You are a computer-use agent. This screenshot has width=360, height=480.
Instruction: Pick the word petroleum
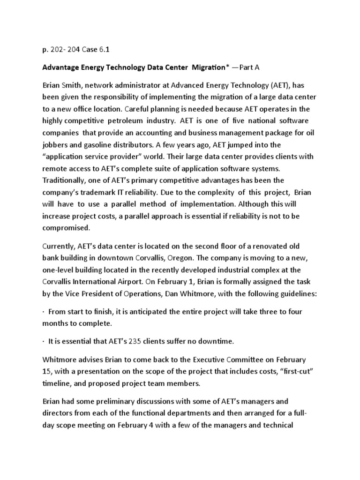pyautogui.click(x=137, y=121)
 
